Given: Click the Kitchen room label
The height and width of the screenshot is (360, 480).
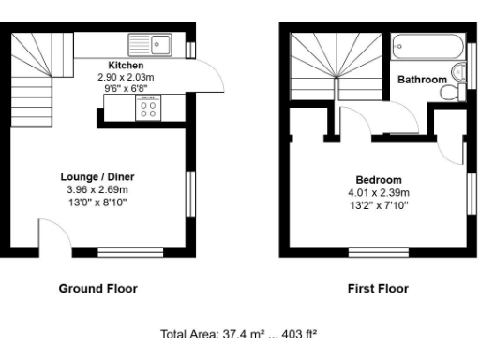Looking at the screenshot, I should pos(126,66).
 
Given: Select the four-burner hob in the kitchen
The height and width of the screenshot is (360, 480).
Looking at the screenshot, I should pos(148,110).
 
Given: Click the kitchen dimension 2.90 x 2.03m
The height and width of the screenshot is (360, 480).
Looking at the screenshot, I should pos(126,77).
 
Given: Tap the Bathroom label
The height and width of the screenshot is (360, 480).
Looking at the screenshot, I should pos(422,81).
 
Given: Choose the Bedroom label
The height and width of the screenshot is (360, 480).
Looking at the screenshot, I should pos(379,180).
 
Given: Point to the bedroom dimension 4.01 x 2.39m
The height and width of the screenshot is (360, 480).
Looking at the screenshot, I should pos(379,192).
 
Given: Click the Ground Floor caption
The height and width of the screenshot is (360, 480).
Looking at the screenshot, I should pos(97,289).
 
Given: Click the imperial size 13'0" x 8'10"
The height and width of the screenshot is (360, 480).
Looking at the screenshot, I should pos(98,200).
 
